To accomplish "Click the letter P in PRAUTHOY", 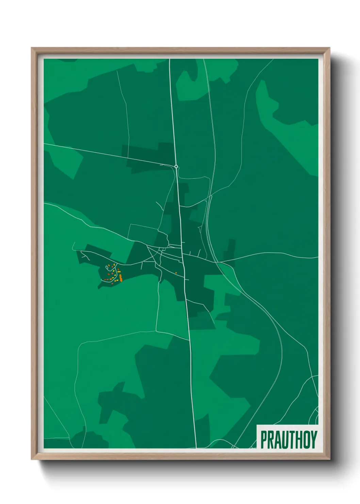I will point(264,440).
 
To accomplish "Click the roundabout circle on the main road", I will point(176,167).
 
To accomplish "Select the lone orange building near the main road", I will point(176,273).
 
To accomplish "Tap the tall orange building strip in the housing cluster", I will point(120,277).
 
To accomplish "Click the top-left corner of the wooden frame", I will point(32,48).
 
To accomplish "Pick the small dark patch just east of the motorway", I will point(230,250).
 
